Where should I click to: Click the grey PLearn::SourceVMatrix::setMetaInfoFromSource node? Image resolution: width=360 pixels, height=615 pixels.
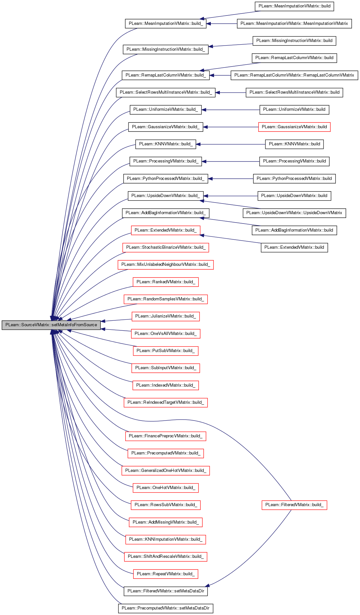51,325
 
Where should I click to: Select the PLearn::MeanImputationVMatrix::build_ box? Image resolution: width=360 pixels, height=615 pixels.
166,24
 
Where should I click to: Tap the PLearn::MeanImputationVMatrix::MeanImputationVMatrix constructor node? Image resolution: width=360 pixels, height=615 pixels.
294,24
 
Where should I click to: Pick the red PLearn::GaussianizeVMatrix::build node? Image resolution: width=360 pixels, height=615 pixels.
294,127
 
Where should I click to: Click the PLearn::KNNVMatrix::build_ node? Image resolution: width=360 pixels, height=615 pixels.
166,144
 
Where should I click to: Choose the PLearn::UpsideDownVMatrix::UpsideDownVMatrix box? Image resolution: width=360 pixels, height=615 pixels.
294,213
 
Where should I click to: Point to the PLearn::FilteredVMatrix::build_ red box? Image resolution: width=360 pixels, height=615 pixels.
294,505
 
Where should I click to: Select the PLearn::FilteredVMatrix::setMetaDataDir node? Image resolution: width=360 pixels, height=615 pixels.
166,591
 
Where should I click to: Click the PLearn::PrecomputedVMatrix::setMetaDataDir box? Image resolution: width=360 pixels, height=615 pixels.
166,608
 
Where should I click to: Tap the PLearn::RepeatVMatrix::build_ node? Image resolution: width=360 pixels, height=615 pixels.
166,574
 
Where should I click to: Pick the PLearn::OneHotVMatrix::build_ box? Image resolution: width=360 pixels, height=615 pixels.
166,488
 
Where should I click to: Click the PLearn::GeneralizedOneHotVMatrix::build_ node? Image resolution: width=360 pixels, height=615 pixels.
166,471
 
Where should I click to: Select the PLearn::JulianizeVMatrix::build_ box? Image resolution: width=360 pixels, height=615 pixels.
166,316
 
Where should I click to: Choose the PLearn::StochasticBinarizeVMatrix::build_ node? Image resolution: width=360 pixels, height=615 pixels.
166,247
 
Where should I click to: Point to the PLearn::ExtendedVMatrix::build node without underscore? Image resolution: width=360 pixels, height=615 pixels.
294,247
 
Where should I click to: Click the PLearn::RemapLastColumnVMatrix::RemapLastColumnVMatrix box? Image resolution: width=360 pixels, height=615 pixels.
294,75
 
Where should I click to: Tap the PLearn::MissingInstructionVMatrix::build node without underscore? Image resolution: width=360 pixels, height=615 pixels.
294,41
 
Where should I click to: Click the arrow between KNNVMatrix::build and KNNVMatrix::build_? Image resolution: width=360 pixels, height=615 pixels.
231,144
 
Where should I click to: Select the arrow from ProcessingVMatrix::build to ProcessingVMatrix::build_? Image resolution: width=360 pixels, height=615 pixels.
231,162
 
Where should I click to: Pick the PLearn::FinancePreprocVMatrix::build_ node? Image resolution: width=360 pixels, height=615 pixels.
166,436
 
